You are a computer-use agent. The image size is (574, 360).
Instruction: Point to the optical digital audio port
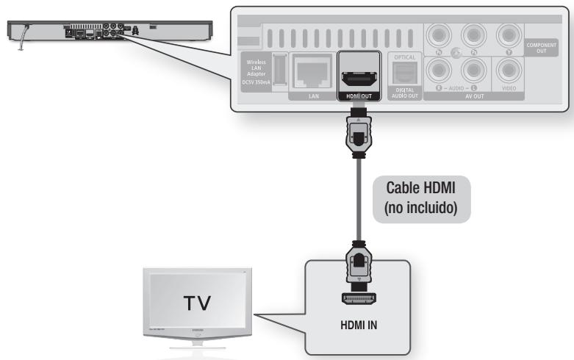pyautogui.click(x=405, y=71)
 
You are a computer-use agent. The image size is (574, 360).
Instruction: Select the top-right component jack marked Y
pyautogui.click(x=508, y=35)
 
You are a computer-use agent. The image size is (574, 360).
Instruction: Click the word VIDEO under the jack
pyautogui.click(x=508, y=87)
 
